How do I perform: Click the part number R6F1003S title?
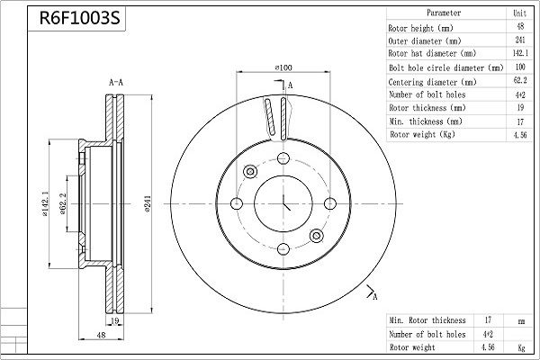click(x=80, y=18)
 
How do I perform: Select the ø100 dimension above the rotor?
click(x=283, y=67)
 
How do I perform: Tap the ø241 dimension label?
click(x=147, y=203)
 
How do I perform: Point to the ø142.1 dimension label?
click(x=45, y=203)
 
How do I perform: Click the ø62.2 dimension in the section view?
click(x=63, y=203)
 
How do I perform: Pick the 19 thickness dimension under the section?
click(x=115, y=320)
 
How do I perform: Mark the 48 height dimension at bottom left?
click(x=101, y=335)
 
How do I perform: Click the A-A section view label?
click(x=116, y=82)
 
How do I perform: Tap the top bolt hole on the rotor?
click(x=283, y=158)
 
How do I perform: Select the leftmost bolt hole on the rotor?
click(x=236, y=203)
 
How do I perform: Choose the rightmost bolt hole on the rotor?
click(x=330, y=203)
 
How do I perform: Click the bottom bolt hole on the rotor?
click(x=283, y=248)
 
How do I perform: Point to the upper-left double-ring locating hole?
click(x=250, y=171)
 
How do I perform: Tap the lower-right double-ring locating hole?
click(x=316, y=236)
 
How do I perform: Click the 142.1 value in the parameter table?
click(x=519, y=53)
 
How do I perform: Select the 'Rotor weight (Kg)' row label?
click(x=422, y=134)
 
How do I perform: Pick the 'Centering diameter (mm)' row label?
click(x=432, y=82)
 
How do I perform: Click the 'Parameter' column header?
click(x=444, y=13)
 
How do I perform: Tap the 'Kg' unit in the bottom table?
click(x=521, y=347)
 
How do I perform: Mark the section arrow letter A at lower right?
click(x=375, y=297)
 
